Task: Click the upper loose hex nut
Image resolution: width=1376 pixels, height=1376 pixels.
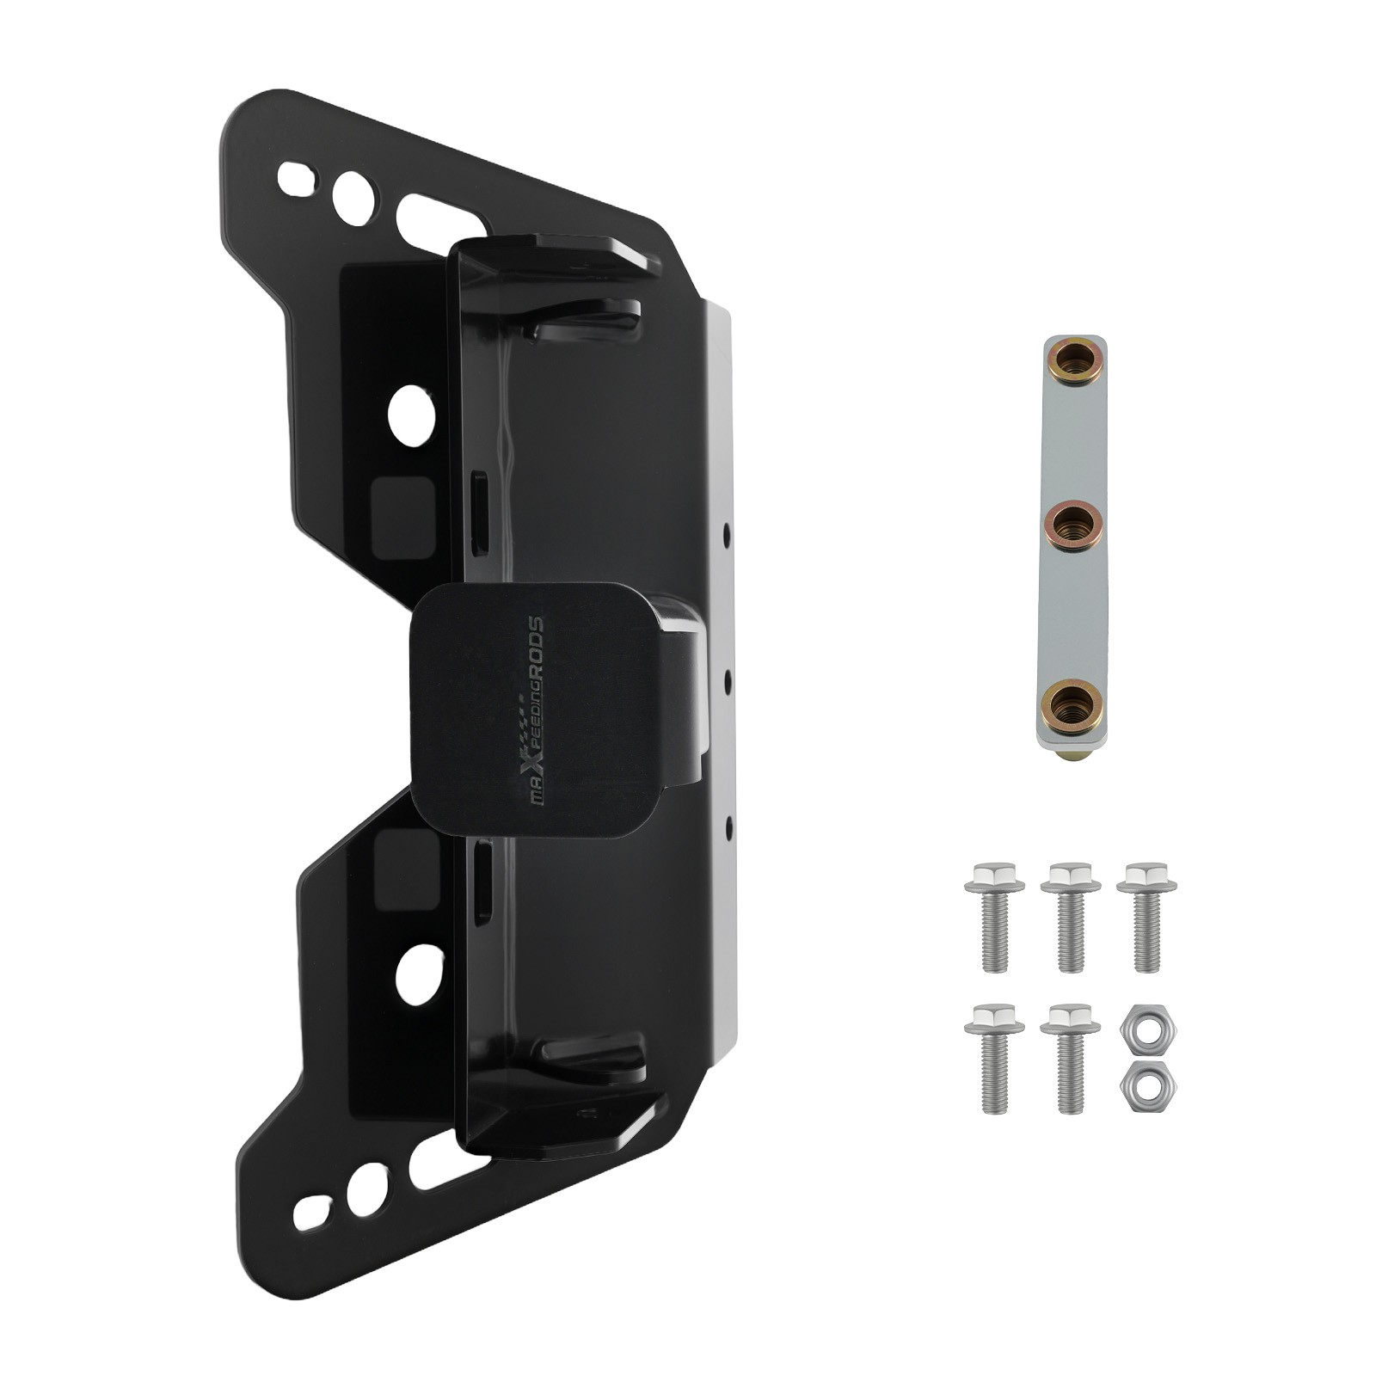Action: [1148, 1028]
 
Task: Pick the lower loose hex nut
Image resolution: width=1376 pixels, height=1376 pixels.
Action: [1148, 1085]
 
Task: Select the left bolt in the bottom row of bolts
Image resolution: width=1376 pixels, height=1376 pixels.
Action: [994, 1059]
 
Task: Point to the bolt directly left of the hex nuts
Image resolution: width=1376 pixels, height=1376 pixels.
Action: [1070, 1059]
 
